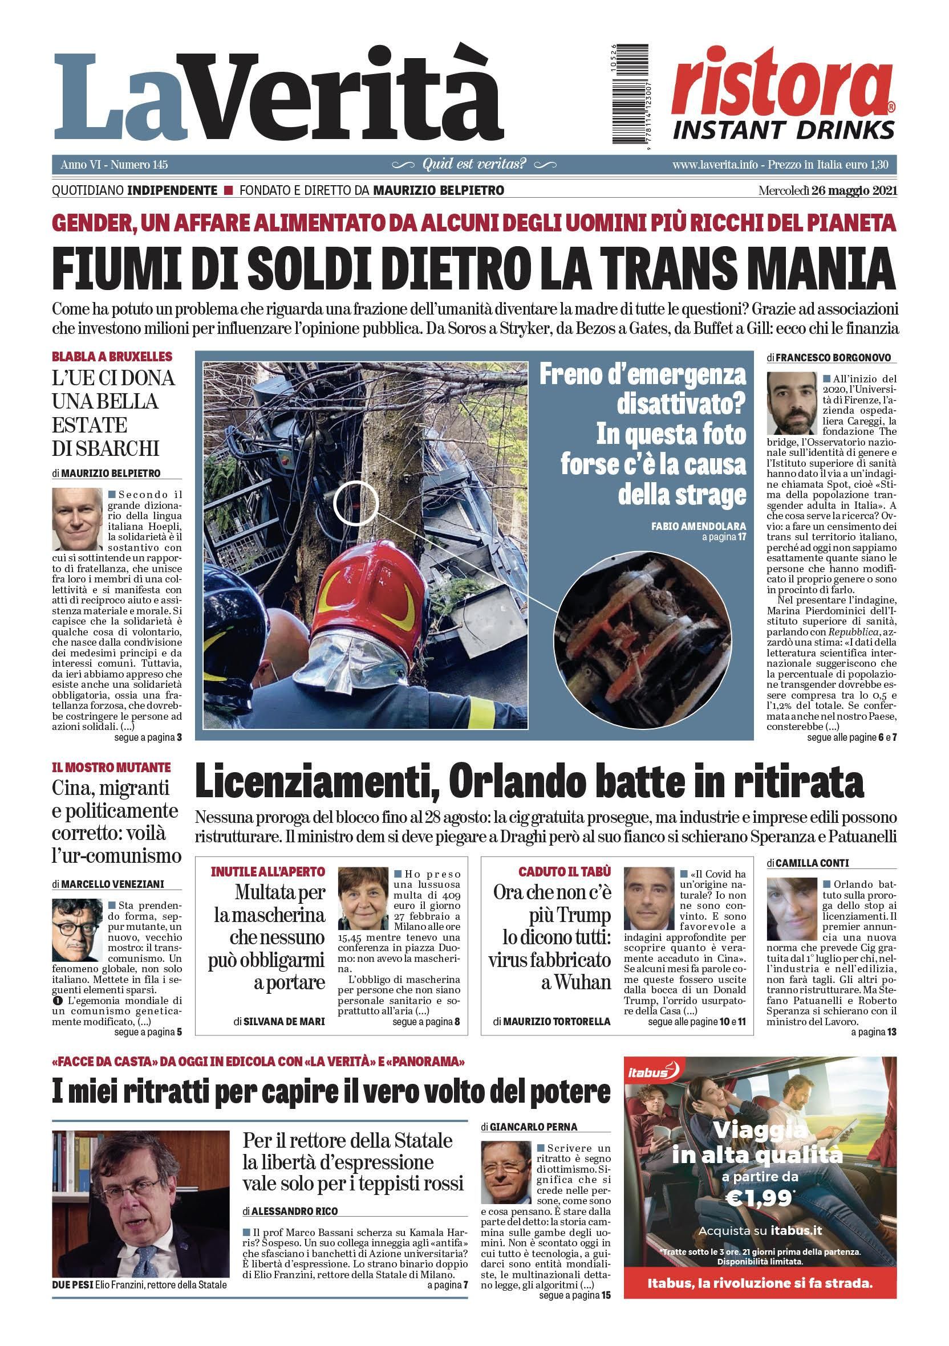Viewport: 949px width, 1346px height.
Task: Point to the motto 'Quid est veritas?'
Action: pos(474,164)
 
